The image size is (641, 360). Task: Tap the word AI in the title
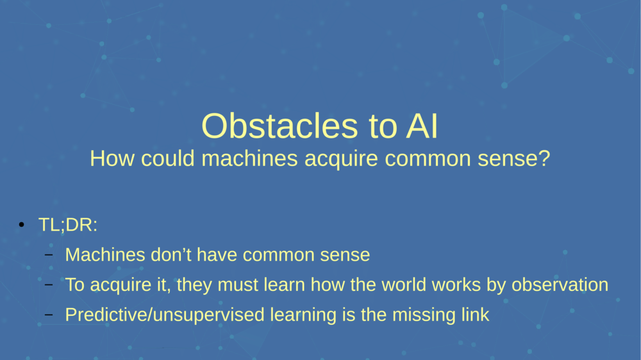pyautogui.click(x=421, y=126)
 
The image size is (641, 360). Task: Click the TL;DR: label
pyautogui.click(x=68, y=227)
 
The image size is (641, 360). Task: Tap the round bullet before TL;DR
pyautogui.click(x=22, y=225)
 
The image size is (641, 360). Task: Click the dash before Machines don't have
pyautogui.click(x=49, y=255)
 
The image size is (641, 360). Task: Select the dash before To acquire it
pyautogui.click(x=49, y=285)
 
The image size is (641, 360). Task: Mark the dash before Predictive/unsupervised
pyautogui.click(x=49, y=315)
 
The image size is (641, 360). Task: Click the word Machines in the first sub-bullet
pyautogui.click(x=105, y=255)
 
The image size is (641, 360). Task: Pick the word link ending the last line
pyautogui.click(x=475, y=315)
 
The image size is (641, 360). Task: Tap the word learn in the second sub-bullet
pyautogui.click(x=280, y=285)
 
